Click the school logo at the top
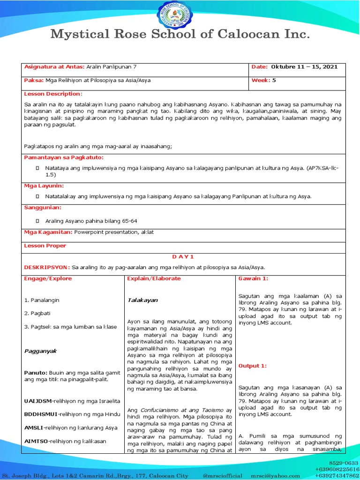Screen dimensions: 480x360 point(180,14)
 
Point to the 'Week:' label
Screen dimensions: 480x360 point(261,80)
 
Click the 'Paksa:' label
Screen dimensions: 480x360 point(34,80)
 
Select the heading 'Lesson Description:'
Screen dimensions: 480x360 point(52,94)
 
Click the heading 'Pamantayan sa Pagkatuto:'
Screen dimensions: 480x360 point(63,157)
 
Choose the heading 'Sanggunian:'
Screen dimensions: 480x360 point(43,207)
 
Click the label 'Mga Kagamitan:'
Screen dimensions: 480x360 point(48,232)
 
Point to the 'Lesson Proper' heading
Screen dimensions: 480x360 point(45,246)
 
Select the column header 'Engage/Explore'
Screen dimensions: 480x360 point(48,278)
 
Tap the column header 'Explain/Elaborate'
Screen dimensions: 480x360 point(154,278)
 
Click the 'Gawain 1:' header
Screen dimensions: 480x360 point(253,278)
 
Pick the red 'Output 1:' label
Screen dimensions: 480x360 point(252,366)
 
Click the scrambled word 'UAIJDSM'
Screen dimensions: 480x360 point(38,401)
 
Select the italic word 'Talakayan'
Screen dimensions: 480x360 point(142,300)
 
